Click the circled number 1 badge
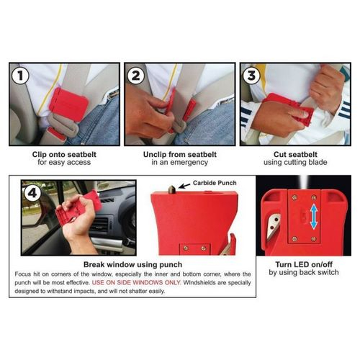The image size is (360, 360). (x=21, y=76)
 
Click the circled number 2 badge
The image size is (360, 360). (x=136, y=76)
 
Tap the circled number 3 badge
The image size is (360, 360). (x=251, y=76)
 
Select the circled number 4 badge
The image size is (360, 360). (x=32, y=193)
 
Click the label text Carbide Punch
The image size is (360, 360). (x=215, y=183)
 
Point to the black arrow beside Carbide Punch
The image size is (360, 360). (x=184, y=186)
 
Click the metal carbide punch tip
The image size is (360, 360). (x=172, y=189)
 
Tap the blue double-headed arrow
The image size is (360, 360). (x=314, y=217)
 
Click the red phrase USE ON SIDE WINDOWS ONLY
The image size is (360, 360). (x=136, y=282)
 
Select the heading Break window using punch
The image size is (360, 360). (x=132, y=264)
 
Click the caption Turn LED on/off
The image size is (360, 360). (x=304, y=264)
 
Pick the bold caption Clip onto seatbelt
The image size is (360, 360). (x=64, y=154)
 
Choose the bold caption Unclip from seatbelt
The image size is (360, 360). (x=180, y=154)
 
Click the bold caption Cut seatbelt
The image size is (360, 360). (x=295, y=154)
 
